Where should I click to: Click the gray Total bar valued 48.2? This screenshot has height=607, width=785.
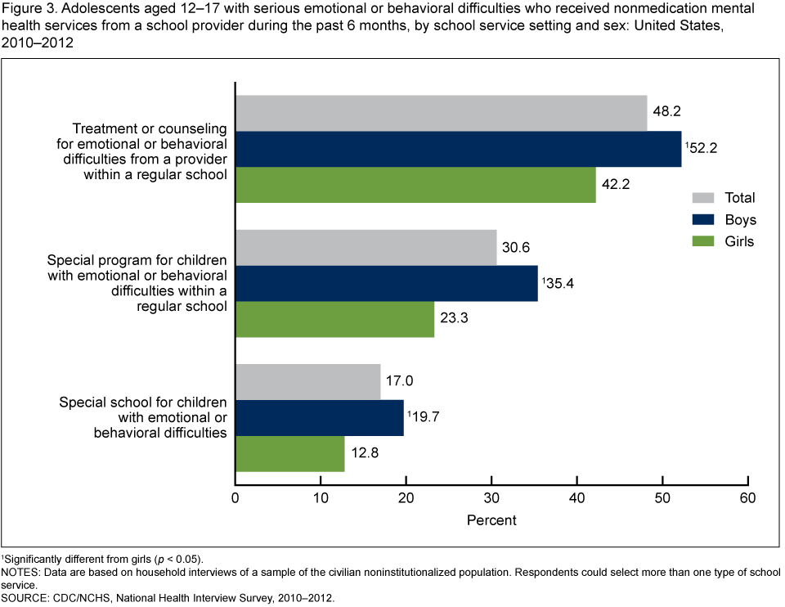pyautogui.click(x=442, y=113)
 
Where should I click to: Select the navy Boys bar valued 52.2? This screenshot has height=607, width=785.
pyautogui.click(x=458, y=149)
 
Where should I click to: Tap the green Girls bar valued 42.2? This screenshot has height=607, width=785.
pyautogui.click(x=415, y=184)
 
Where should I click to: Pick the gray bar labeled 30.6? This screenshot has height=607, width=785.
pyautogui.click(x=366, y=247)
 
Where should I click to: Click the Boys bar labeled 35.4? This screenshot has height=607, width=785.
pyautogui.click(x=387, y=283)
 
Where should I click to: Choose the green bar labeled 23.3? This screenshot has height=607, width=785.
pyautogui.click(x=335, y=319)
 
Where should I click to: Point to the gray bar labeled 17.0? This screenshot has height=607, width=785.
pyautogui.click(x=308, y=381)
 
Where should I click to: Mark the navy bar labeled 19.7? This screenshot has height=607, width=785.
pyautogui.click(x=320, y=417)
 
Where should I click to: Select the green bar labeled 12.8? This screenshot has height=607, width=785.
pyautogui.click(x=290, y=453)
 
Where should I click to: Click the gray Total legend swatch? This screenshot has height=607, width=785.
pyautogui.click(x=703, y=198)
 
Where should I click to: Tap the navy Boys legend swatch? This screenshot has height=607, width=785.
pyautogui.click(x=703, y=220)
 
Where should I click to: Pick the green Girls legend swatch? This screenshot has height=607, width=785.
pyautogui.click(x=703, y=241)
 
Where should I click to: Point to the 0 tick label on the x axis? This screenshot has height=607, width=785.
pyautogui.click(x=235, y=497)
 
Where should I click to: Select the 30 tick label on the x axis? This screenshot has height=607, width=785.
pyautogui.click(x=491, y=497)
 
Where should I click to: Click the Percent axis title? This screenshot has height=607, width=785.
pyautogui.click(x=491, y=520)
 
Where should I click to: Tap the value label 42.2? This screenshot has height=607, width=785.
pyautogui.click(x=617, y=185)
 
